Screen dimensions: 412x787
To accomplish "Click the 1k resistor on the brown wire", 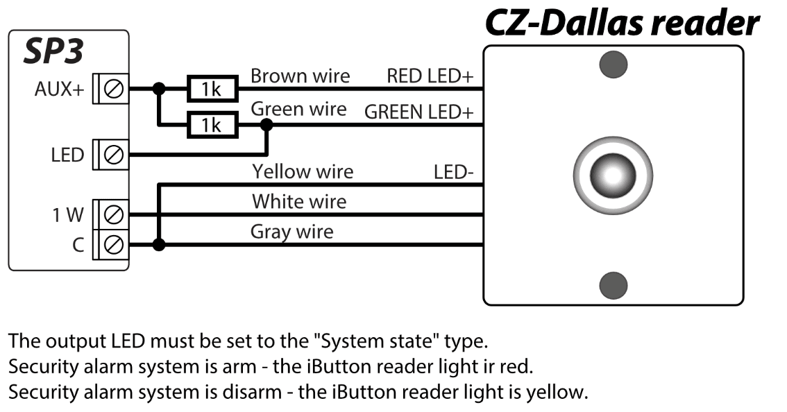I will click(211, 89).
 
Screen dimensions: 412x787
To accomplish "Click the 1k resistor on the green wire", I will click(211, 125).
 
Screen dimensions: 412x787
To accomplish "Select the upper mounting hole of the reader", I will click(613, 65).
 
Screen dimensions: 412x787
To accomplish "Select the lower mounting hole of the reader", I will click(613, 284).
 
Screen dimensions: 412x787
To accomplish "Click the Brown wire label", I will click(300, 76).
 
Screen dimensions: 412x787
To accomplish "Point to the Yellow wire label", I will click(303, 171).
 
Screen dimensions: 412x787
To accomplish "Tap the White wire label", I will click(298, 202).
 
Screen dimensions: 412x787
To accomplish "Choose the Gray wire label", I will click(291, 231).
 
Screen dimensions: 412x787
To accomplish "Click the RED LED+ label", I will click(430, 76).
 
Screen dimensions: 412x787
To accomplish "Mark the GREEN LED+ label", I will click(418, 111).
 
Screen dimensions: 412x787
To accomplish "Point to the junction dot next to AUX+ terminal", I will click(160, 89).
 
